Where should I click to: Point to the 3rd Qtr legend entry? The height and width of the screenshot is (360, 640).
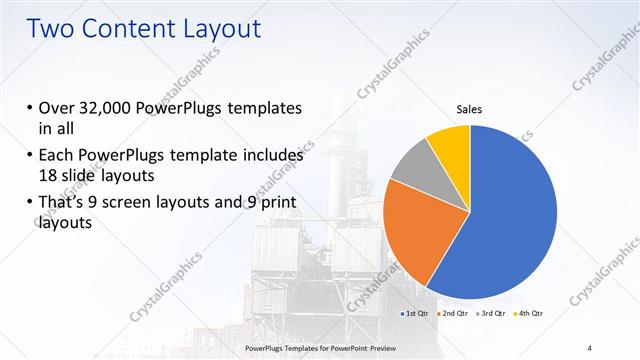(x=491, y=314)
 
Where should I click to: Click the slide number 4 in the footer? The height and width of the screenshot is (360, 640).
(x=590, y=347)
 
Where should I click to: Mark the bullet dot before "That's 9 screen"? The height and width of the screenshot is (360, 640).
(x=29, y=206)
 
